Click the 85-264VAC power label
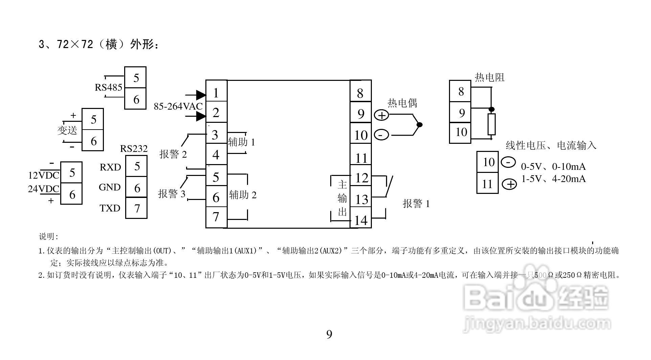178,106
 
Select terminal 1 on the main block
216,92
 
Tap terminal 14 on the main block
361,220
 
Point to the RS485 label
108,87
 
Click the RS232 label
134,149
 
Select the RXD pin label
110,167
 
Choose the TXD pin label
110,208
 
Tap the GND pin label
110,187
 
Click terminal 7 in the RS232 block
137,208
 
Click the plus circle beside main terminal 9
381,115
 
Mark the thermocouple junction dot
419,125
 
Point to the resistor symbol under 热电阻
491,124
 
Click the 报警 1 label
416,204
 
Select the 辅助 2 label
243,195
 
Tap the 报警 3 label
172,194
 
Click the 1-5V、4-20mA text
553,179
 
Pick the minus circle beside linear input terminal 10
508,162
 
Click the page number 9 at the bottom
329,335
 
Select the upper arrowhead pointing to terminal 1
200,95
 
